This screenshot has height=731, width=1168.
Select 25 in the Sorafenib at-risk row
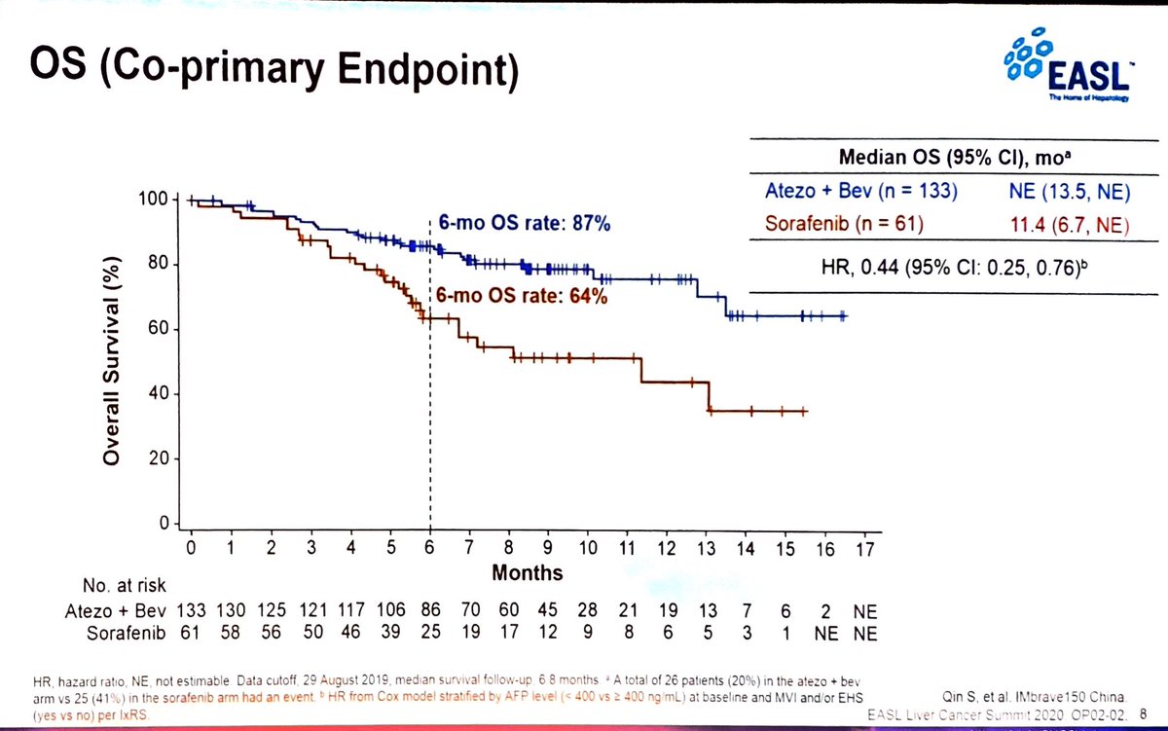click(x=430, y=634)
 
